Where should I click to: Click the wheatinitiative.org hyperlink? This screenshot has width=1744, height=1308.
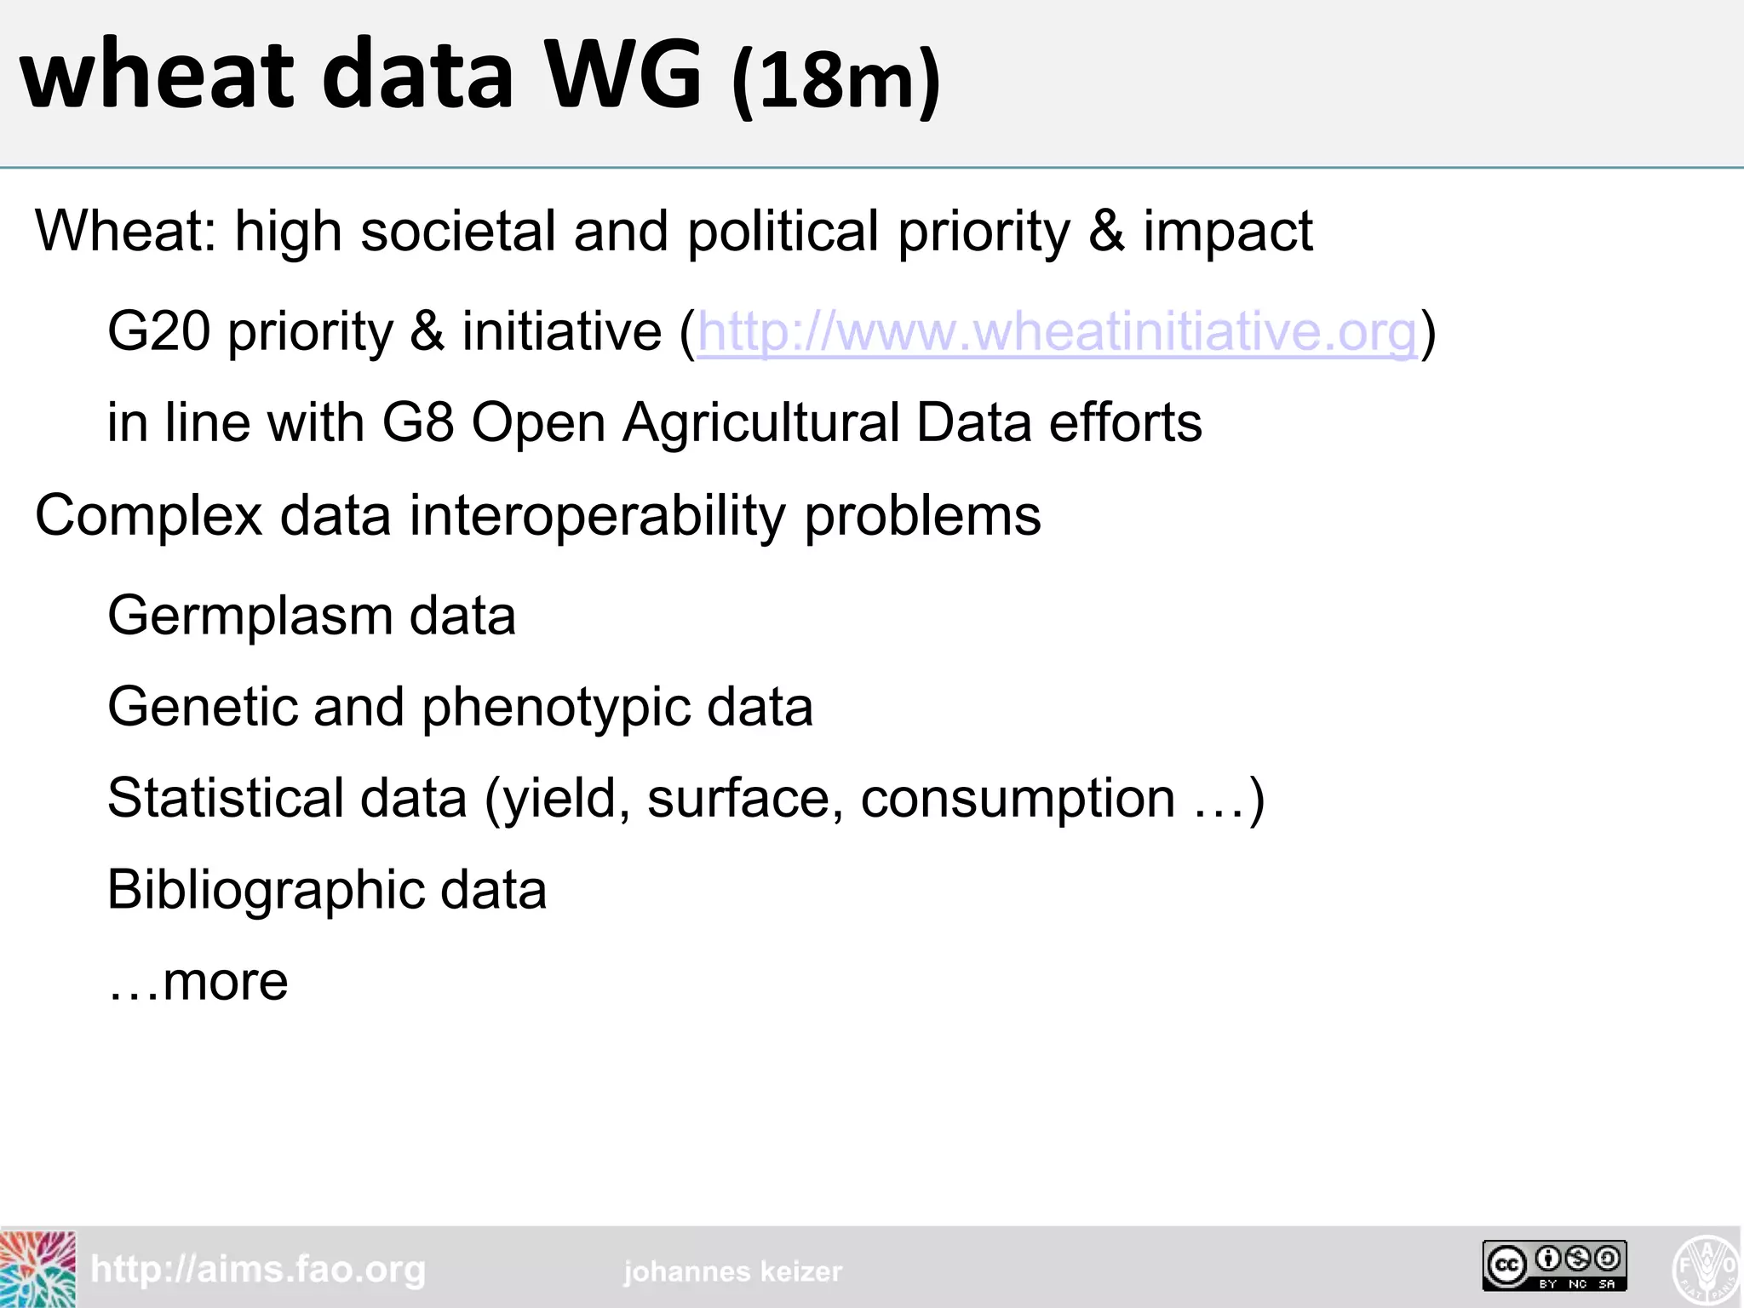1057,331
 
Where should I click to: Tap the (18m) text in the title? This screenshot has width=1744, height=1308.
835,80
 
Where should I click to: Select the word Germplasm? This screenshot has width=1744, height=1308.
248,617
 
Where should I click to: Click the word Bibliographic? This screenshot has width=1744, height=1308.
264,891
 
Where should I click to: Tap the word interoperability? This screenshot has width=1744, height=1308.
596,516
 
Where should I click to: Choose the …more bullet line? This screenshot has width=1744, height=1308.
198,982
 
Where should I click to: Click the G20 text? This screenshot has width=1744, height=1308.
158,331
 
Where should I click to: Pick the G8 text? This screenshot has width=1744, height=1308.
417,422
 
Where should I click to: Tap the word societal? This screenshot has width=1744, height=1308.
458,231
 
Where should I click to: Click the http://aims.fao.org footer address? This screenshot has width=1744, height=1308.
258,1270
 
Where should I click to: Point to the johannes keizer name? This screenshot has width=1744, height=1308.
732,1271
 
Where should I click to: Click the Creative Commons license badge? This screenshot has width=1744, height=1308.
1554,1265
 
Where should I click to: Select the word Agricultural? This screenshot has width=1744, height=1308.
760,422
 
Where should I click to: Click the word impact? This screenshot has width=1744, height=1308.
1227,231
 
